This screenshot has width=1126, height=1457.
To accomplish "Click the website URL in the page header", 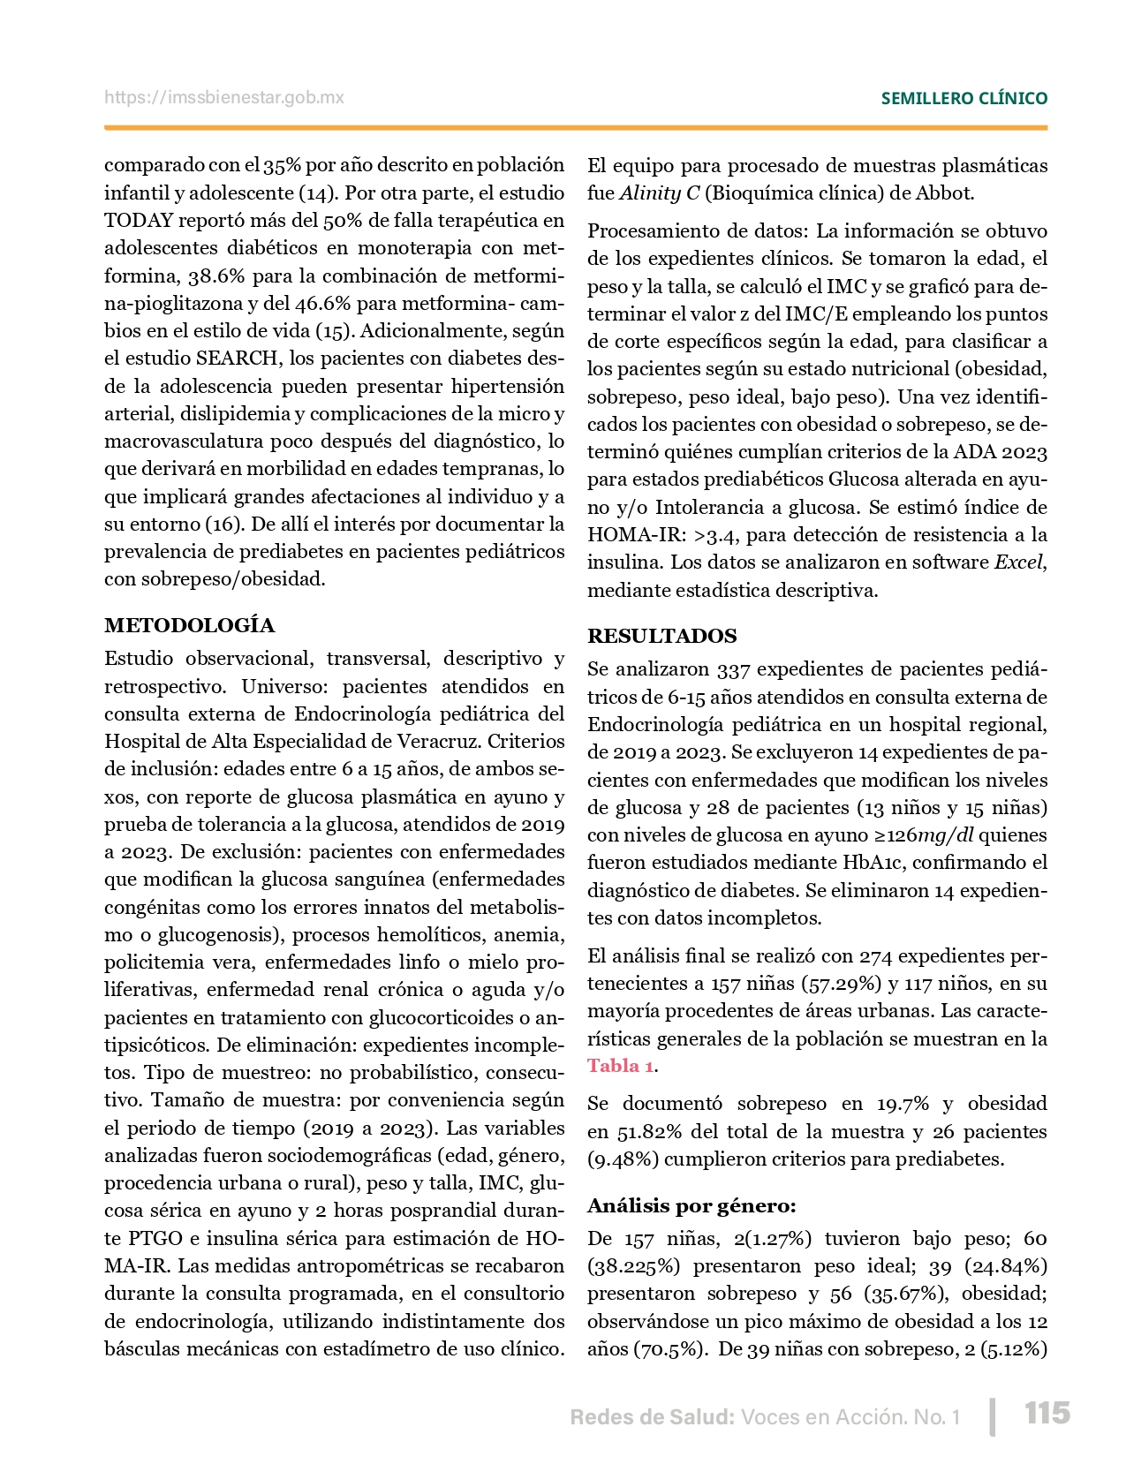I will pyautogui.click(x=224, y=97).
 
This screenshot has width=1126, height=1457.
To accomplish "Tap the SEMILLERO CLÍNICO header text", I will pyautogui.click(x=964, y=98).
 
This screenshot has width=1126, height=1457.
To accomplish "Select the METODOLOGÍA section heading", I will pyautogui.click(x=190, y=625).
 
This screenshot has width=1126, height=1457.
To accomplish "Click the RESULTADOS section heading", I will pyautogui.click(x=662, y=636).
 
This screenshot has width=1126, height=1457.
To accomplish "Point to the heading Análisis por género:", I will pyautogui.click(x=691, y=1205).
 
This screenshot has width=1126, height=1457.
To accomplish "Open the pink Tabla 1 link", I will pyautogui.click(x=621, y=1066).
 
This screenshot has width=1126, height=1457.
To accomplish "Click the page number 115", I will pyautogui.click(x=1047, y=1413).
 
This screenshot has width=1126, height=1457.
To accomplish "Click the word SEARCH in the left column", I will pyautogui.click(x=236, y=358).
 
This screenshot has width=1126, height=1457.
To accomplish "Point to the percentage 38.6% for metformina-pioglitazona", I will pyautogui.click(x=216, y=276).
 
